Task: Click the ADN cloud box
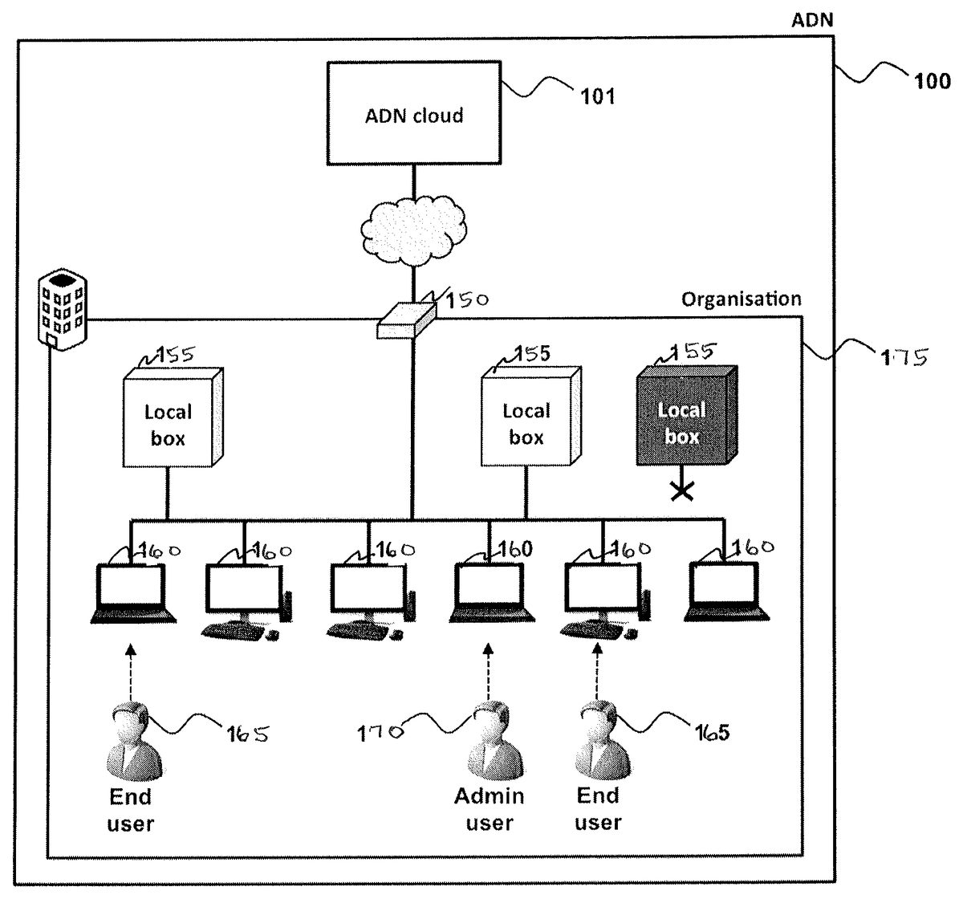[x=414, y=115]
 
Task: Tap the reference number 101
[x=597, y=96]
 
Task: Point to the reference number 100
[x=930, y=80]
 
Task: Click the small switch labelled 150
[x=406, y=321]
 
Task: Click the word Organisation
[x=741, y=299]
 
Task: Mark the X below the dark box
[x=682, y=492]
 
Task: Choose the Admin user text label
[x=489, y=809]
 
